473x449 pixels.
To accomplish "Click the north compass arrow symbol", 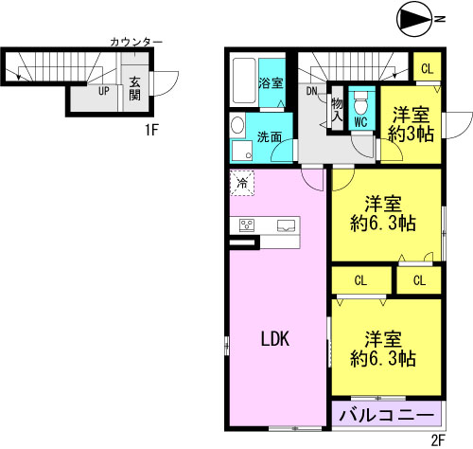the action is [414, 21].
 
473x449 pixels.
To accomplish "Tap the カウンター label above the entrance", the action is [136, 42].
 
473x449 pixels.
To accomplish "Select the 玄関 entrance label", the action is [135, 89].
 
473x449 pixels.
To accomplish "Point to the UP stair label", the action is [104, 91].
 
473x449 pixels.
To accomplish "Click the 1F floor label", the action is [151, 130].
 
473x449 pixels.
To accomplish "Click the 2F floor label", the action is [438, 440].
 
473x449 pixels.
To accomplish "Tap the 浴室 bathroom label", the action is [271, 83].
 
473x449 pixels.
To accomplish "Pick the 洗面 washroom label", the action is [269, 137].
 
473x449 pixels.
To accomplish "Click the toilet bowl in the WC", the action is [360, 103].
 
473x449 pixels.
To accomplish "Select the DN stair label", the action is [312, 91].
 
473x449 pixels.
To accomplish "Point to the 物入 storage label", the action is [337, 109].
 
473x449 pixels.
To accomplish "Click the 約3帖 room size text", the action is [411, 135].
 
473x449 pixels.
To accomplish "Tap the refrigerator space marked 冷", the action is [242, 183].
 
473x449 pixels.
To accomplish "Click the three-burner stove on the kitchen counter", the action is [247, 225].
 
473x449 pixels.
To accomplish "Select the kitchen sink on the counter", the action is [286, 225].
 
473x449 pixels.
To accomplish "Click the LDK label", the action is [275, 339].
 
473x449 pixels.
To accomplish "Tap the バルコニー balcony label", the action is [387, 415].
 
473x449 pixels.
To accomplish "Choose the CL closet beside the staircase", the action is [428, 67].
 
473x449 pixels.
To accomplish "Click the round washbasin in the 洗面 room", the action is [237, 125].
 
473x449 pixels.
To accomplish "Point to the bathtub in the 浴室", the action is [244, 81].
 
